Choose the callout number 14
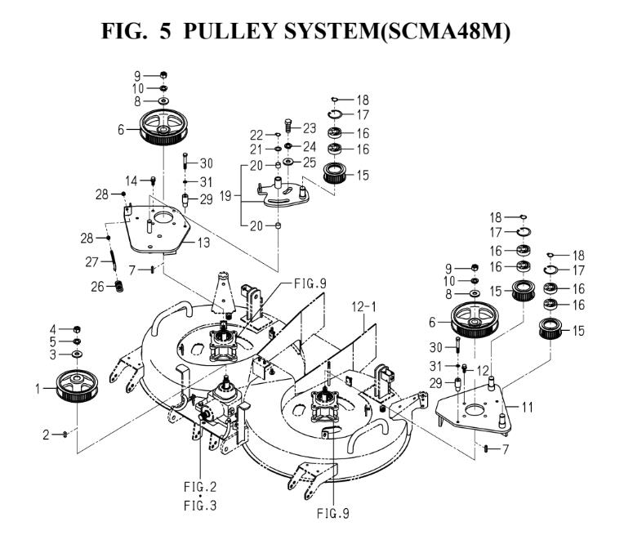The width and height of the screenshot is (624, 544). (128, 181)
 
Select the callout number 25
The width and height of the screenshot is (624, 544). (308, 163)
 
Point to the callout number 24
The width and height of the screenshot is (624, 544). (308, 148)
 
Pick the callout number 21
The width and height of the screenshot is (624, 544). (256, 149)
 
